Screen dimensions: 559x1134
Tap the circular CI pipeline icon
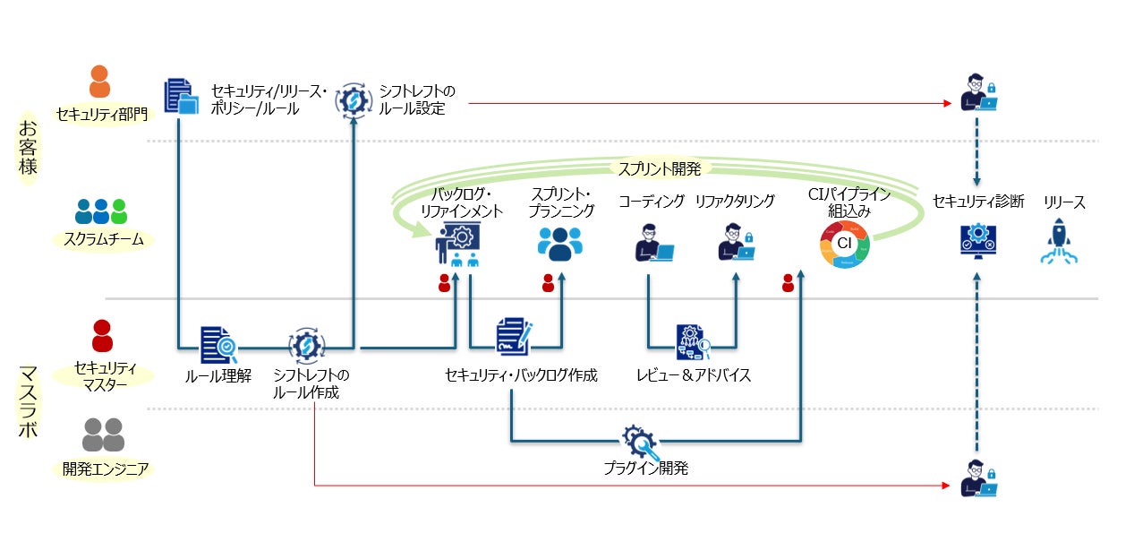pyautogui.click(x=844, y=244)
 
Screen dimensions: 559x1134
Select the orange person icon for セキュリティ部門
pyautogui.click(x=99, y=82)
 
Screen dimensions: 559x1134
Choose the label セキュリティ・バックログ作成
pyautogui.click(x=521, y=375)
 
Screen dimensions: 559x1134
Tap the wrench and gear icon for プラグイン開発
pyautogui.click(x=640, y=441)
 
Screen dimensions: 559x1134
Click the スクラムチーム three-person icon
pyautogui.click(x=101, y=211)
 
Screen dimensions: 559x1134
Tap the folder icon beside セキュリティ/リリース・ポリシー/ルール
pyautogui.click(x=180, y=97)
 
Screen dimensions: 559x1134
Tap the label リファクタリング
pyautogui.click(x=735, y=202)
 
